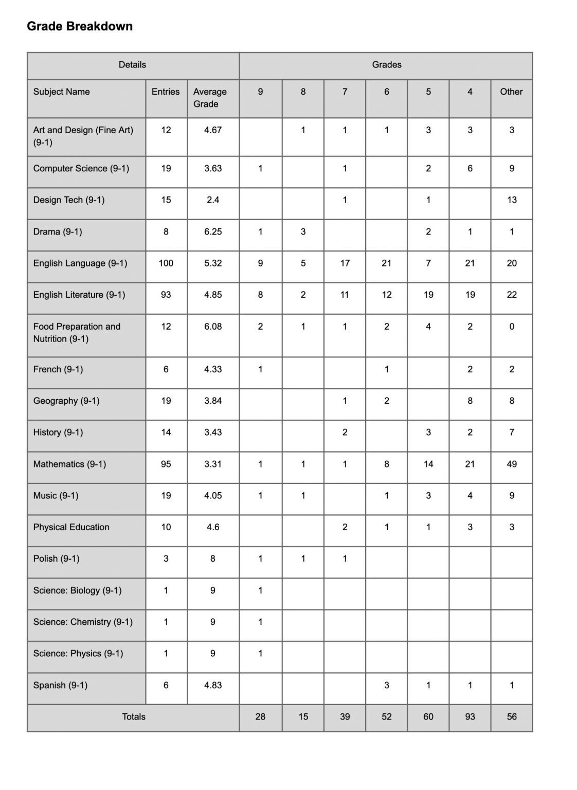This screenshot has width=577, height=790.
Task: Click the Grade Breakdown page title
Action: pos(80,26)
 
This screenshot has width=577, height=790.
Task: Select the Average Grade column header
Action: pos(210,98)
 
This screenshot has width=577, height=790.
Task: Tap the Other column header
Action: pos(511,92)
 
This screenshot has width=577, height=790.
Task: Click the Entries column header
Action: pos(166,92)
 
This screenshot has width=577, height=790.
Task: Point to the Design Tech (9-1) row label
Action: pos(69,200)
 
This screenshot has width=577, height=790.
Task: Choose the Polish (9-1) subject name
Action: pos(57,559)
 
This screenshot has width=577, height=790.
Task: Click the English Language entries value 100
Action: pos(166,263)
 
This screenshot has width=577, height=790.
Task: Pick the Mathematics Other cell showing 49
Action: pos(511,464)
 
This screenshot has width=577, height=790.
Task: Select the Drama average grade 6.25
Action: pos(213,231)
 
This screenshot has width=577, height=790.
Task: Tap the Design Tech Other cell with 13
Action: pos(511,200)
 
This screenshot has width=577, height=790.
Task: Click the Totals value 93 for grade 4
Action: pos(470,716)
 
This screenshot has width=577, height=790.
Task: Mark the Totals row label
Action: pos(134,716)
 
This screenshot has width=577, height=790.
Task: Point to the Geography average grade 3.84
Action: pos(213,401)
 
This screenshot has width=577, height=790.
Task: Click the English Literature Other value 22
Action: pos(511,295)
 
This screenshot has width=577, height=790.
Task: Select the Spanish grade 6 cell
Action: pos(386,685)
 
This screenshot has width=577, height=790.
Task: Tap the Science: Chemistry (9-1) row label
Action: pos(83,622)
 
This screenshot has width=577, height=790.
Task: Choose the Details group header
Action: pos(132,65)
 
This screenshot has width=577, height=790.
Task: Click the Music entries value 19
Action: pos(166,495)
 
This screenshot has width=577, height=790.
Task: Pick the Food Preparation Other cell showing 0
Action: pos(511,326)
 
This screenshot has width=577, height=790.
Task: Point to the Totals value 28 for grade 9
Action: pos(260,716)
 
